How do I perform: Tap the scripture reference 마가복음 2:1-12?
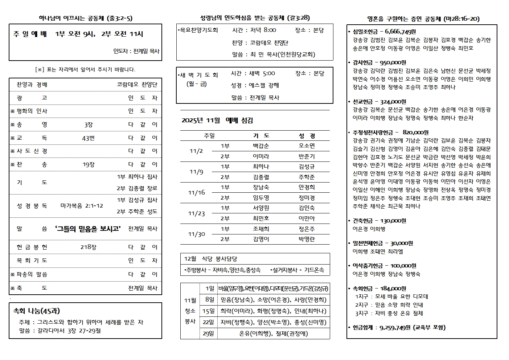tap(82, 206)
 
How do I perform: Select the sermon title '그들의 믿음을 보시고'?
tap(88, 229)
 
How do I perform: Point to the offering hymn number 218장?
tap(89, 247)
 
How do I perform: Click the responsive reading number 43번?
tap(89, 138)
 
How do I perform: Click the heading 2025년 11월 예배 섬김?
tap(217, 120)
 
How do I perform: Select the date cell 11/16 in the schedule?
tap(196, 193)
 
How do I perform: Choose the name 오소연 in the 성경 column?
tap(307, 146)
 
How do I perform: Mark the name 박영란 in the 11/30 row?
tap(307, 239)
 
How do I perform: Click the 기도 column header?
tap(261, 136)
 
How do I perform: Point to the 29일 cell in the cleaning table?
tap(208, 334)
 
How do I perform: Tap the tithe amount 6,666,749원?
tap(400, 32)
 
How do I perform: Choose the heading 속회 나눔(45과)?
tap(37, 311)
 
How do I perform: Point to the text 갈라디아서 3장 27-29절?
tap(69, 331)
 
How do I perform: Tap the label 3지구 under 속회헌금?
tap(362, 313)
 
